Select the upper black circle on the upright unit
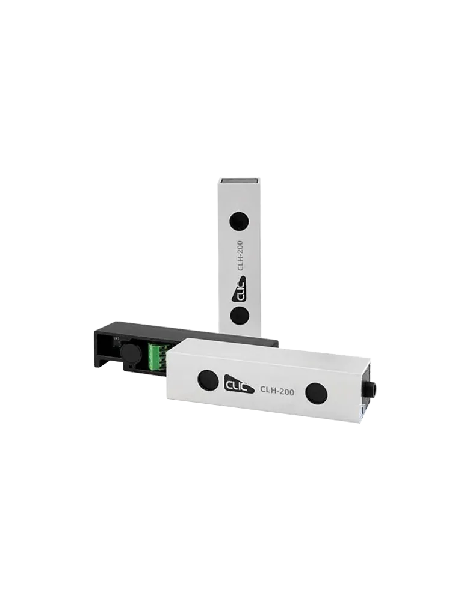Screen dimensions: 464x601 coord(238,222)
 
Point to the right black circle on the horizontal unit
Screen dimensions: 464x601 coord(316,393)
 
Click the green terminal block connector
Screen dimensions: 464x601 coord(157,356)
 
